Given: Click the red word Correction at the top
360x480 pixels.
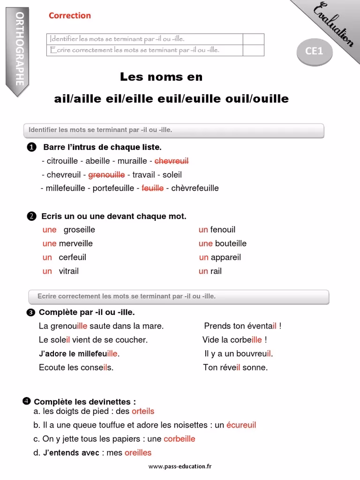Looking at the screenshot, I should [x=70, y=15].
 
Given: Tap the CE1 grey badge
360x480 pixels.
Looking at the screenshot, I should [x=315, y=51].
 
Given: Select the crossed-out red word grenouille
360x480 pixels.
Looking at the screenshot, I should [x=106, y=175].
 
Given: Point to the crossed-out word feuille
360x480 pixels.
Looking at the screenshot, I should [x=152, y=188].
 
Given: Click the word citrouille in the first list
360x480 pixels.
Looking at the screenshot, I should [x=62, y=161].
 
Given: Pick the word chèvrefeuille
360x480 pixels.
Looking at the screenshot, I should [x=195, y=188].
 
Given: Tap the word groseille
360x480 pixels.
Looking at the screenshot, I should [x=79, y=230].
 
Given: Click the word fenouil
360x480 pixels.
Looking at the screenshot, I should [x=223, y=230].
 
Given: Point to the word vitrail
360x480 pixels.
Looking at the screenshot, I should [x=69, y=271].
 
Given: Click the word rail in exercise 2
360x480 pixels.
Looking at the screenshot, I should [x=216, y=271].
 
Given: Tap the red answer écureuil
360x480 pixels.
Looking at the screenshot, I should [x=241, y=425].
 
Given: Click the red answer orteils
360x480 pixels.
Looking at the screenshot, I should [x=143, y=411].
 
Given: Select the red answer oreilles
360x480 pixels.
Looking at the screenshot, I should [x=138, y=452].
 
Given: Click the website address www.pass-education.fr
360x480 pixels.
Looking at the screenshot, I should [x=180, y=466].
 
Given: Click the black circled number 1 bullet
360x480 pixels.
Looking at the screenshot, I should [x=31, y=148].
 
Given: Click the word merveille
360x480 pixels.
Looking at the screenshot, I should [x=75, y=243].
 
